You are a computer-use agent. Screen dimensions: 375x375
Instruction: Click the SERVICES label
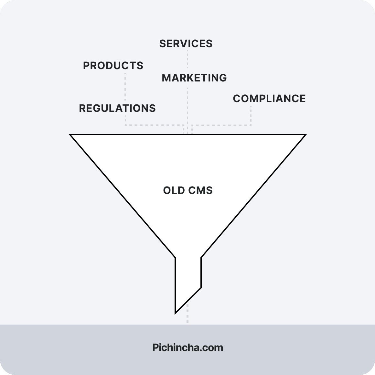click(186, 44)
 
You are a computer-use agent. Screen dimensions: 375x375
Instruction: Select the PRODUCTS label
click(113, 66)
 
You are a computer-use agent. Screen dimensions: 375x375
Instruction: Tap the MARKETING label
click(194, 78)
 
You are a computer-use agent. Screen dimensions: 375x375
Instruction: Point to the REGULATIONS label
click(117, 108)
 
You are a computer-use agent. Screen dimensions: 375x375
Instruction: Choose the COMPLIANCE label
click(269, 99)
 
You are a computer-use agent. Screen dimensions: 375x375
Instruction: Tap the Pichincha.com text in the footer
click(187, 348)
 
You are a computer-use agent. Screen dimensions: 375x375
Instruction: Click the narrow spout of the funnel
click(188, 278)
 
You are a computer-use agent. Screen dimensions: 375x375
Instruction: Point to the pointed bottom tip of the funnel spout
click(176, 313)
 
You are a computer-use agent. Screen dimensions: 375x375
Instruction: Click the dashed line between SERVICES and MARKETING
click(187, 60)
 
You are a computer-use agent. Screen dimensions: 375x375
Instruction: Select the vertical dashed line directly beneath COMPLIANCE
click(251, 115)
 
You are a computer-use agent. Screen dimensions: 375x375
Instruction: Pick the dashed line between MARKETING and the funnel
click(187, 107)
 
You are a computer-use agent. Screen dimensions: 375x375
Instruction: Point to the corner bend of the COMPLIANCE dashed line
click(251, 125)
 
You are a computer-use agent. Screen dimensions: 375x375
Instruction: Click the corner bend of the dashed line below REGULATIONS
click(125, 124)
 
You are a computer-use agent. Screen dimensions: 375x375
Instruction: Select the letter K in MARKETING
click(192, 78)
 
